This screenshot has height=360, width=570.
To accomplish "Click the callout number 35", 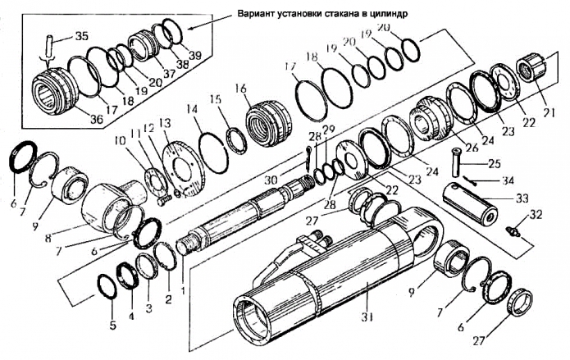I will (82, 36).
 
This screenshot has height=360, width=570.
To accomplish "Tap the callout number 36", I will (97, 120).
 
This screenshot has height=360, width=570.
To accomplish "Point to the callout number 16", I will (240, 88).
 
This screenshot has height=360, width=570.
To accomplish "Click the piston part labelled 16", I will (267, 122).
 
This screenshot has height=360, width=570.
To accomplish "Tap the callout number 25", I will (494, 164).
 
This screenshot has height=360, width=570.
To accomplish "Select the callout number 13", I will (165, 123).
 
